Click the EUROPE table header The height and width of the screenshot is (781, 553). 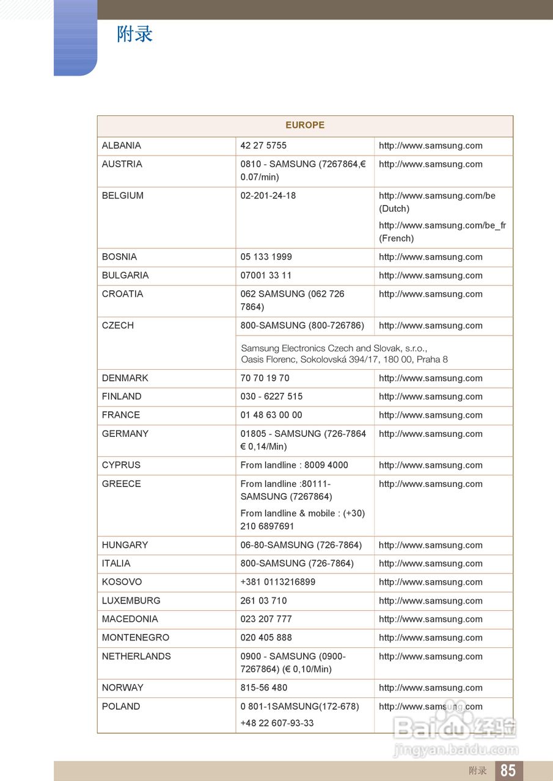click(x=305, y=125)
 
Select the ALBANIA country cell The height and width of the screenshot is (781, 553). click(x=122, y=146)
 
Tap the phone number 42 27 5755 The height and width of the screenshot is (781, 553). click(x=263, y=146)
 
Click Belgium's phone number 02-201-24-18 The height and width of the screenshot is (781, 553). click(x=268, y=196)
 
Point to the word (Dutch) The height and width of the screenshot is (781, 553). click(x=394, y=209)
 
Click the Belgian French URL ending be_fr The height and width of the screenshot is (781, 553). click(x=442, y=226)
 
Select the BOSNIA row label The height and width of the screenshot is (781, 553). click(x=120, y=257)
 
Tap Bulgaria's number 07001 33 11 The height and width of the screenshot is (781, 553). click(x=266, y=276)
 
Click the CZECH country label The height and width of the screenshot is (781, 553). click(x=118, y=326)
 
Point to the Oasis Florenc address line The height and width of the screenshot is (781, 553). click(x=344, y=359)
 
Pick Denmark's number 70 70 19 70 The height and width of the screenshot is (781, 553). click(x=265, y=378)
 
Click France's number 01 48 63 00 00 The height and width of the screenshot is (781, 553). click(x=271, y=415)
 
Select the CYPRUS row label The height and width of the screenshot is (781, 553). click(x=121, y=465)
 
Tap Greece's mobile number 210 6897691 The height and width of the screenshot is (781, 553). click(x=267, y=526)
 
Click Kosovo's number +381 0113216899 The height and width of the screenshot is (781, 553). click(x=278, y=582)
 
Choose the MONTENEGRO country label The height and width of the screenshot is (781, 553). click(x=136, y=638)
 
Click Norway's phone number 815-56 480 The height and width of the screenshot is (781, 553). click(x=264, y=688)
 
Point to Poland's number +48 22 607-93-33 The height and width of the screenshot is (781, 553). click(x=277, y=723)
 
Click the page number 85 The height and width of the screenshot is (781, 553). click(x=508, y=771)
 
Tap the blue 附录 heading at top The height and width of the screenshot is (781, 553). click(x=134, y=34)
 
